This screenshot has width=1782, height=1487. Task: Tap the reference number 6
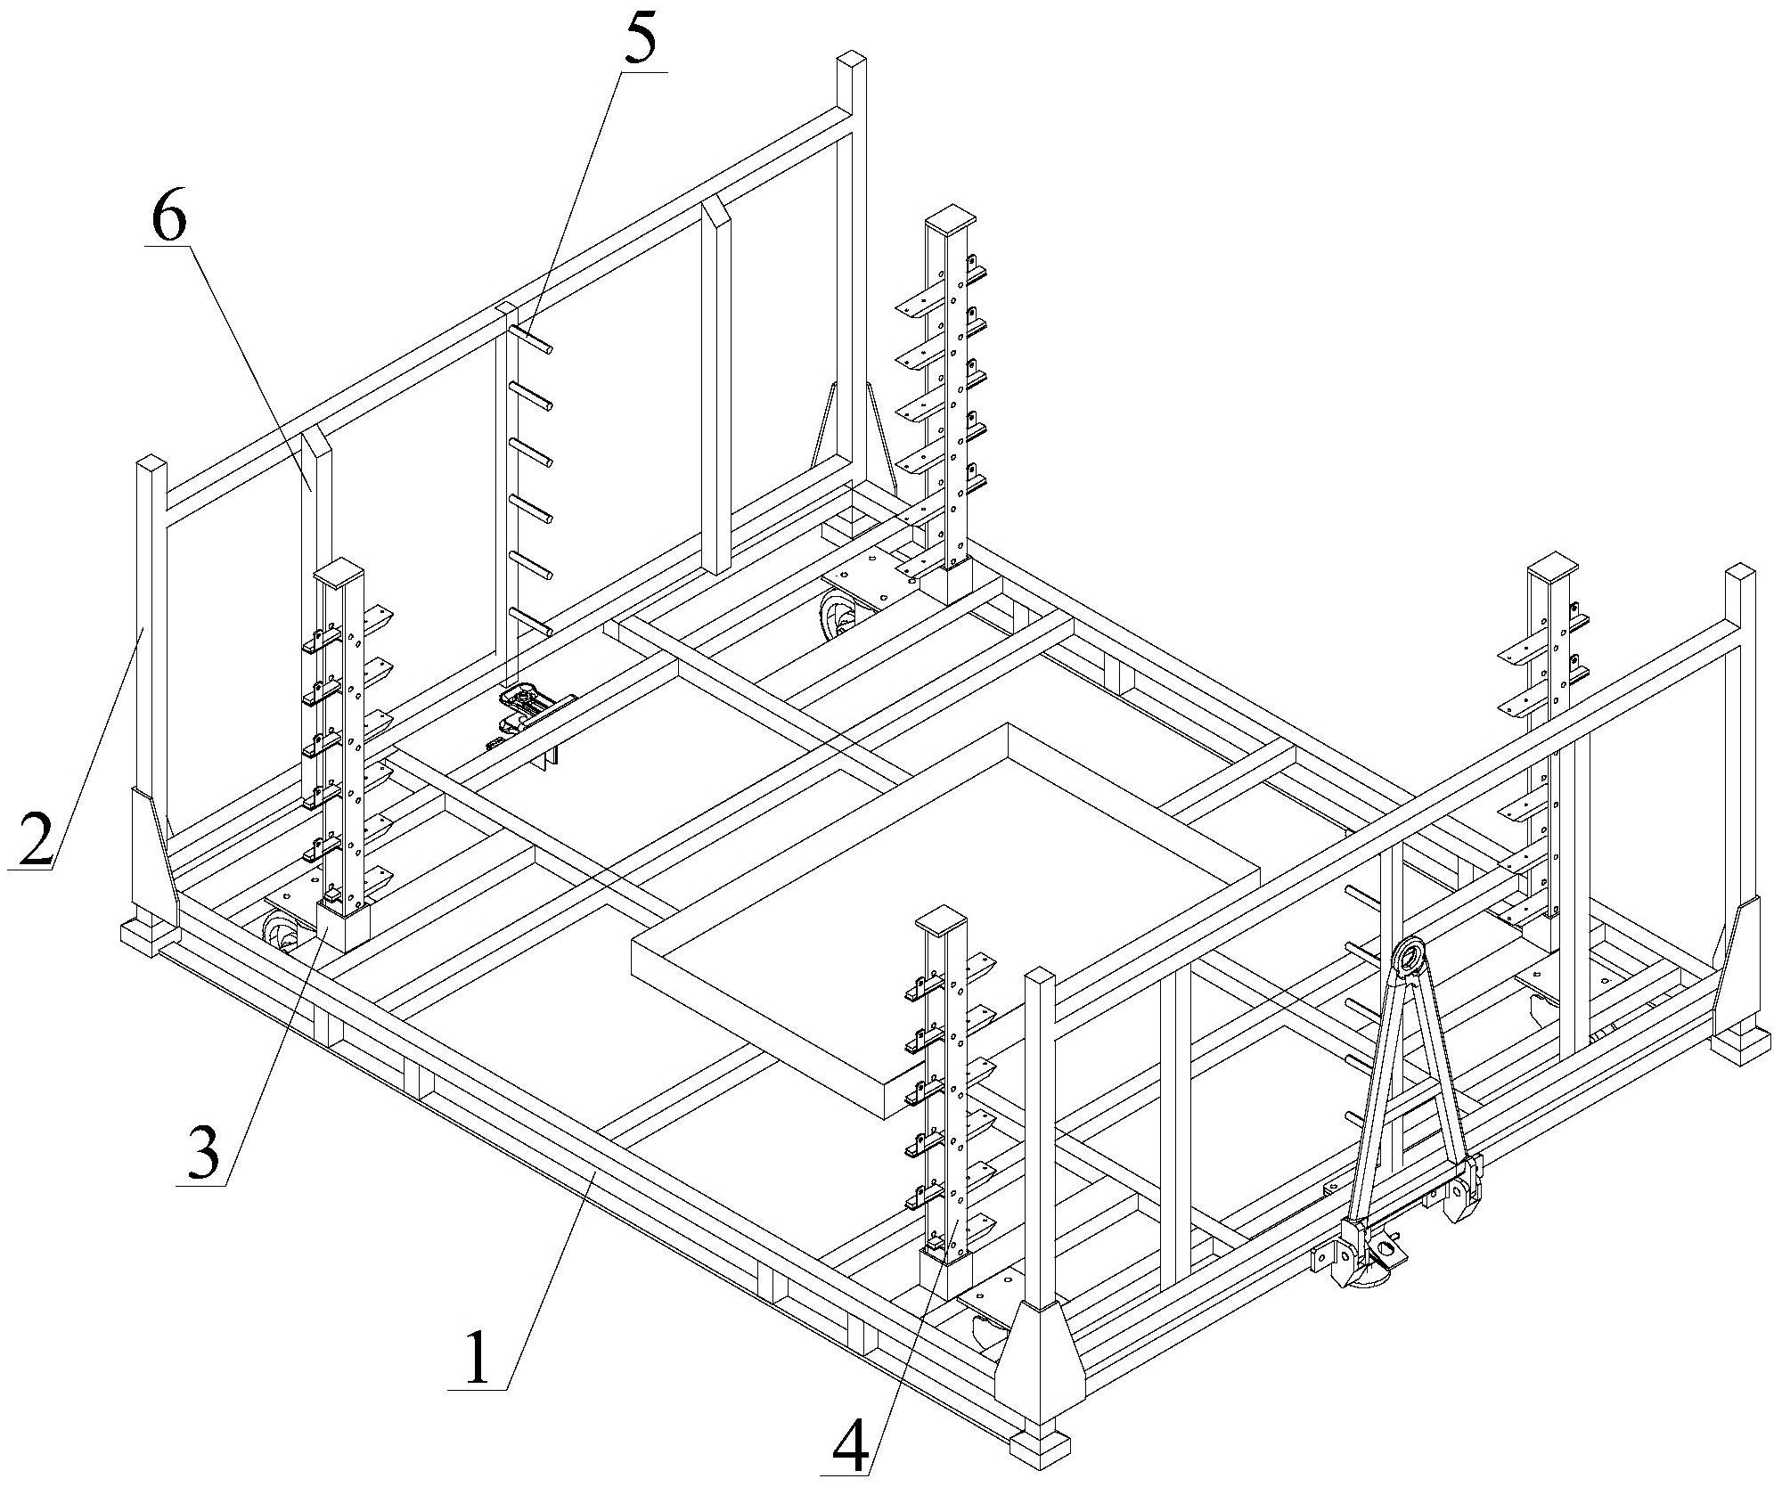[168, 210]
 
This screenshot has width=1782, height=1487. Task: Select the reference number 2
[35, 838]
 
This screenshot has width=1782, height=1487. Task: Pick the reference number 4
[848, 1434]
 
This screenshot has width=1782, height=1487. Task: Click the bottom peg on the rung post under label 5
[532, 621]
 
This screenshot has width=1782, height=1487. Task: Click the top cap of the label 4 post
[946, 919]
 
